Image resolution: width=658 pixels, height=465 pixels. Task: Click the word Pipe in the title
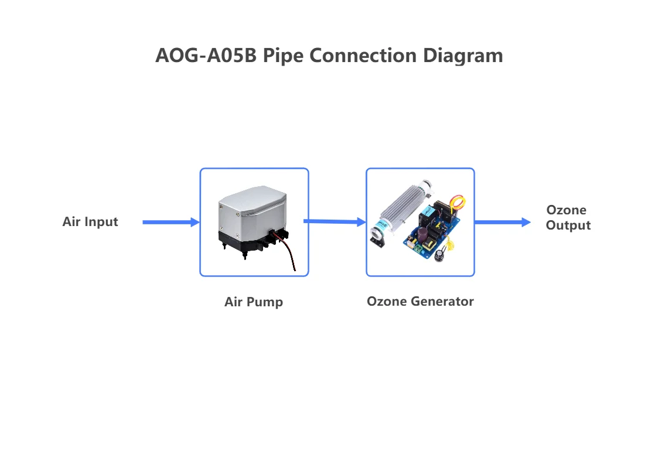coord(283,56)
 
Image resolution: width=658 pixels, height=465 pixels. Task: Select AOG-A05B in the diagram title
coord(206,56)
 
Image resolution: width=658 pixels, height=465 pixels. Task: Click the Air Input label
coord(90,222)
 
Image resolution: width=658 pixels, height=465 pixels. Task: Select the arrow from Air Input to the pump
coord(171,222)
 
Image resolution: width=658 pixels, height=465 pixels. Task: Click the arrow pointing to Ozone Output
coord(502,222)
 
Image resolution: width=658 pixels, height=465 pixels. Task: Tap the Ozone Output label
coord(567,217)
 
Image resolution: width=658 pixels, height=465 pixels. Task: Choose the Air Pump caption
coord(254,302)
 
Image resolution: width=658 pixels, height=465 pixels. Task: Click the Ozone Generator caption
coord(420,302)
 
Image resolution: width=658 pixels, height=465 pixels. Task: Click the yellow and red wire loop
coord(458,202)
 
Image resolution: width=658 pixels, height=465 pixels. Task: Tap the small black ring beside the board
coord(440,255)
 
